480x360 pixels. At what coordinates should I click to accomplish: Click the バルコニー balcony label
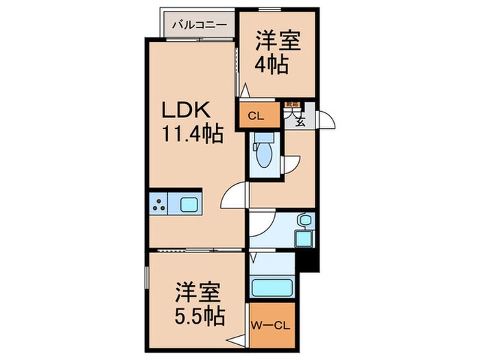[199, 24]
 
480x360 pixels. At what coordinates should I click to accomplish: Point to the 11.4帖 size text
[193, 133]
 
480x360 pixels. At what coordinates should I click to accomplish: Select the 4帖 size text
[272, 66]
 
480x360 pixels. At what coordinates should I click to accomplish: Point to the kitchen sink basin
[189, 204]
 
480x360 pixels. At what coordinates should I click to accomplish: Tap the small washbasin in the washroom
[304, 220]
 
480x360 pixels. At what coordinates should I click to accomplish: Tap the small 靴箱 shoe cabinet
[291, 104]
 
